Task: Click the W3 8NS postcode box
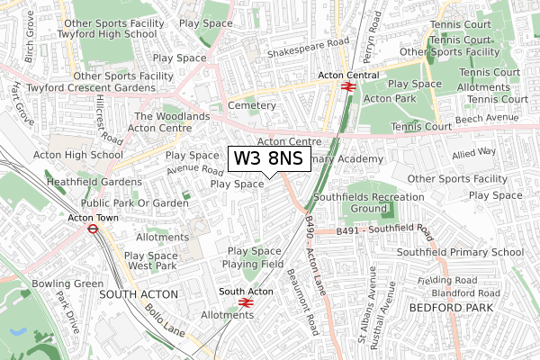tap(269, 159)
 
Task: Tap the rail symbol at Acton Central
tap(346, 86)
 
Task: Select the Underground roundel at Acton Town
tap(92, 229)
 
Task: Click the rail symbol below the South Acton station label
tap(246, 302)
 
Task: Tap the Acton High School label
tap(77, 155)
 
